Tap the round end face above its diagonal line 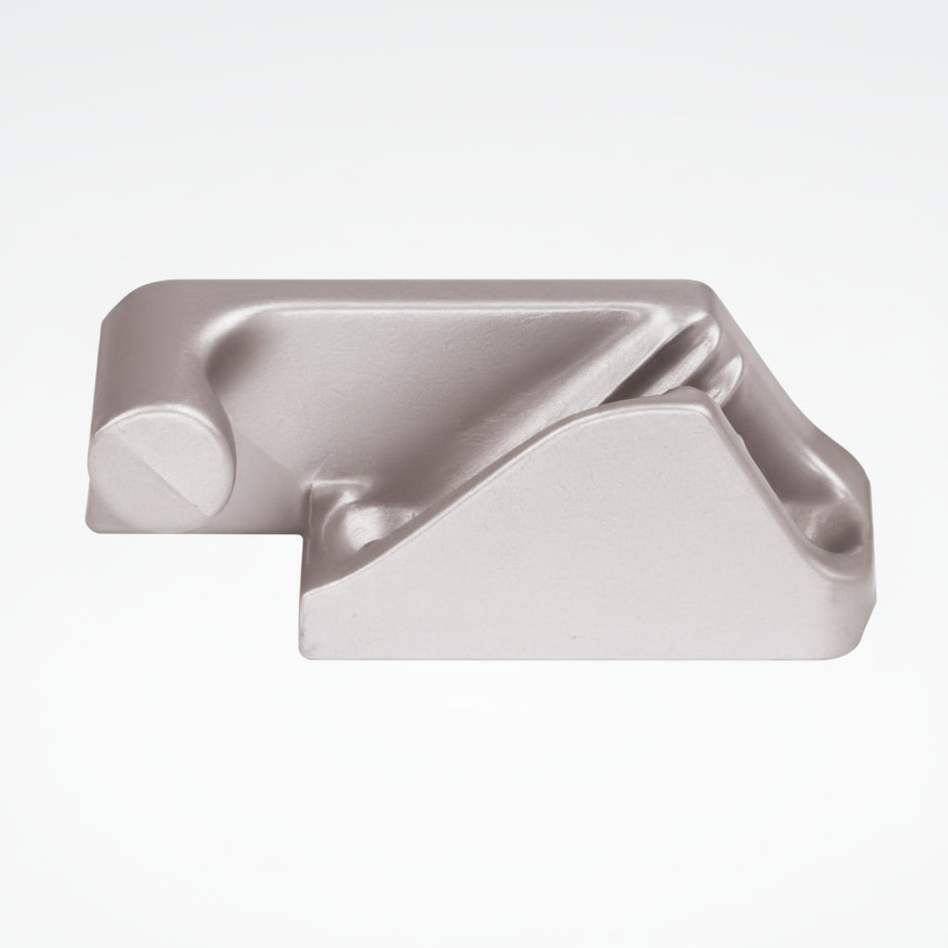139,444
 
